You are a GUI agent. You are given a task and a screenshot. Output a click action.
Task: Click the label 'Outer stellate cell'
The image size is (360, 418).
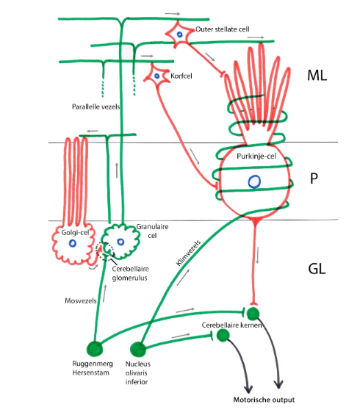223,30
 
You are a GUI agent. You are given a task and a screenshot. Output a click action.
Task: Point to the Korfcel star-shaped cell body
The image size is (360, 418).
156,74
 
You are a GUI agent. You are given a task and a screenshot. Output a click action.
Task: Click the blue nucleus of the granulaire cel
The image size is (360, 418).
120,240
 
